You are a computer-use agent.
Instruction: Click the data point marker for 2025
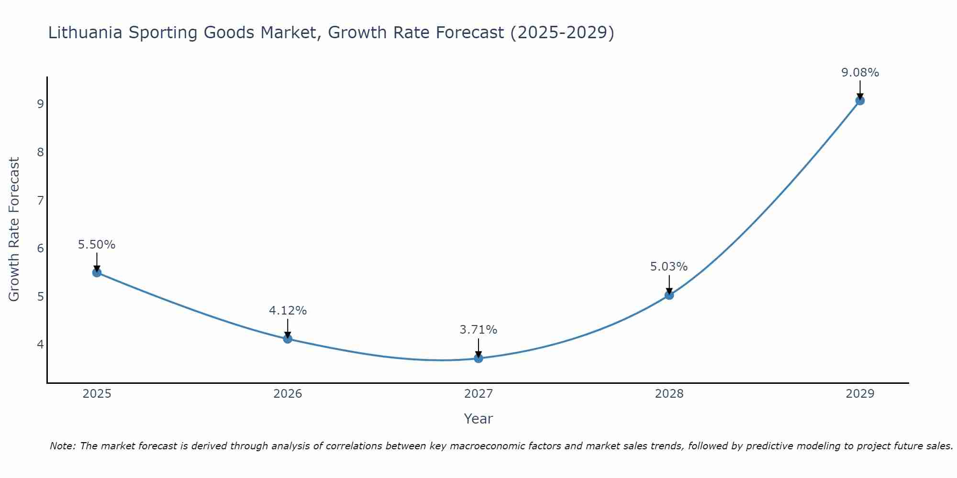97,272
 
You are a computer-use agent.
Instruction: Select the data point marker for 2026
288,339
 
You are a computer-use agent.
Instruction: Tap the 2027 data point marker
478,358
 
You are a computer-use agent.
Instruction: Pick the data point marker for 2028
669,295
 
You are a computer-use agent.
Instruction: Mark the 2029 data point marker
860,100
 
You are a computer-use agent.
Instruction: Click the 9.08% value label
860,73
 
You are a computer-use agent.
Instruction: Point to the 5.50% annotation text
97,245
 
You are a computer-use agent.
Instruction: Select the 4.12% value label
288,311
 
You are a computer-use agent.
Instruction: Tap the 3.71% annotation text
478,330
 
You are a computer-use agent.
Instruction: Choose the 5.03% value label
669,267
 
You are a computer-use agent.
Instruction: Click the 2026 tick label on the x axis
288,394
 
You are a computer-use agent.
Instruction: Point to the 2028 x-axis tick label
669,394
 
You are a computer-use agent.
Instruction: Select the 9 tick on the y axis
40,104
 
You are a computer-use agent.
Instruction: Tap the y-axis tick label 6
40,249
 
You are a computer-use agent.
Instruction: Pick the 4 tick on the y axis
40,345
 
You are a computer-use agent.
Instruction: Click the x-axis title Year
478,419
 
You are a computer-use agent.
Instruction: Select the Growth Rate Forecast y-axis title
14,229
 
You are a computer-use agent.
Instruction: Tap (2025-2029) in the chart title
562,33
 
